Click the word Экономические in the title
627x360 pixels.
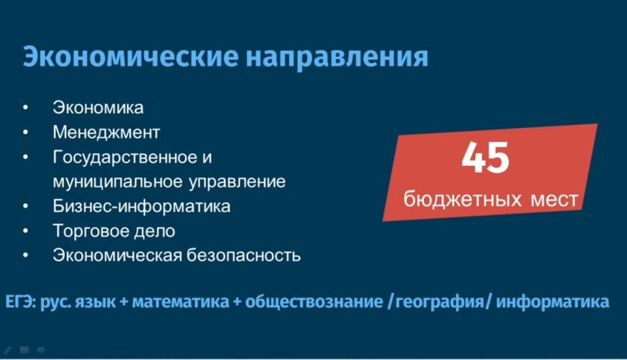tap(130, 56)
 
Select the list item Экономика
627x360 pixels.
tap(98, 108)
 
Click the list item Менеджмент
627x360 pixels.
tap(107, 132)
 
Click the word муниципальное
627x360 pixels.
tap(118, 182)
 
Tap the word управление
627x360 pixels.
tap(237, 182)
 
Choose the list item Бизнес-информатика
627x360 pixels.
tap(141, 206)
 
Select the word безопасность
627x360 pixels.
tap(244, 255)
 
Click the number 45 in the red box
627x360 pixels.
tap(485, 157)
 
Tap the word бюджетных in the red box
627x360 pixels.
tap(463, 199)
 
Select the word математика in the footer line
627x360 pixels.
tap(181, 302)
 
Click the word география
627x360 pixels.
tap(440, 302)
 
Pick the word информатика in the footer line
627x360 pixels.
tap(552, 302)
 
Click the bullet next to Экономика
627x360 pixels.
tap(26, 108)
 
